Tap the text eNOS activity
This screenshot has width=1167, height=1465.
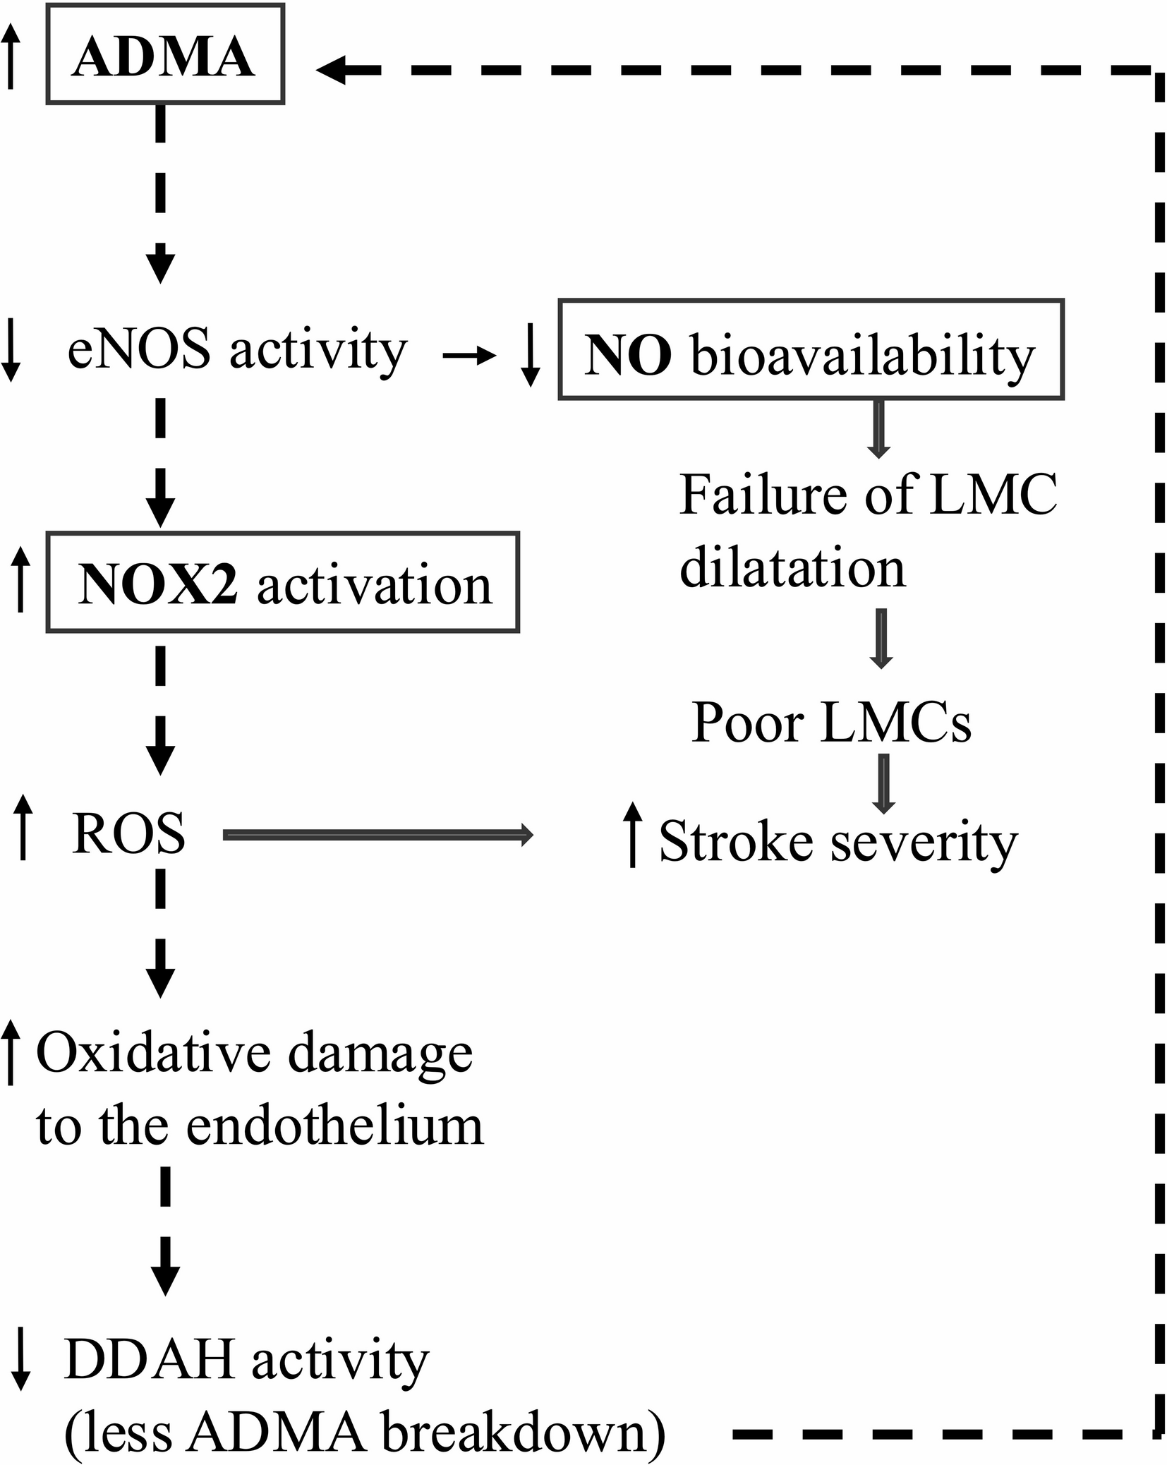(x=237, y=349)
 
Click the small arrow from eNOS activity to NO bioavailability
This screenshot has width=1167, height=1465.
(x=469, y=356)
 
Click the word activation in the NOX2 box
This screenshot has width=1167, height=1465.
(x=374, y=585)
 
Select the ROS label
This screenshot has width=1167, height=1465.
(x=128, y=834)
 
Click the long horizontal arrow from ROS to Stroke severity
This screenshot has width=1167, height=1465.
(x=377, y=836)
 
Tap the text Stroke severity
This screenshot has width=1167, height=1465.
(x=838, y=841)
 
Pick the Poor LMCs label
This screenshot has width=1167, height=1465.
(x=831, y=723)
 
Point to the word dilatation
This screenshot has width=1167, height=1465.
(x=792, y=568)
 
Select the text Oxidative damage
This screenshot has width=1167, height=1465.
(x=254, y=1053)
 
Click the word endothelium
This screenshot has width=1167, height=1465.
(x=335, y=1126)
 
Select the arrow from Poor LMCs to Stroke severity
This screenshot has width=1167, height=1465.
(x=884, y=783)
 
